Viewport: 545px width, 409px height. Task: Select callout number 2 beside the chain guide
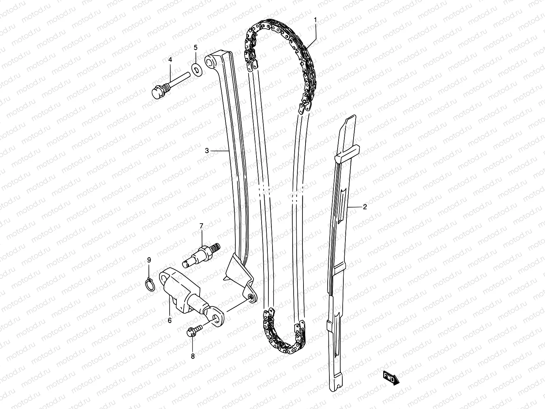(365, 207)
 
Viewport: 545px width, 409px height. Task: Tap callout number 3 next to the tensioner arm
(207, 150)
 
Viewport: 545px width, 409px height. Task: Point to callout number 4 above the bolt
(170, 60)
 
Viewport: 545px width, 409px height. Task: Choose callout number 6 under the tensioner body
(170, 320)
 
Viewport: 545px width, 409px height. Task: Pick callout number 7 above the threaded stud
(201, 226)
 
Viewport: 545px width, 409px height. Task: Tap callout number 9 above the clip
(149, 260)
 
